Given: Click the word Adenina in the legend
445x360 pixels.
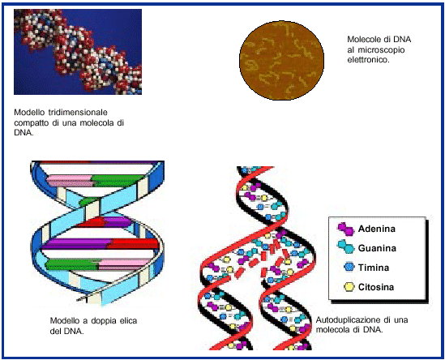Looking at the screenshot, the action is point(377,229).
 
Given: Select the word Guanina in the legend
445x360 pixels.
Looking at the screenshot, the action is point(377,248).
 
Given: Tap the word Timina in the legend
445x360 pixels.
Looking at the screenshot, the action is point(374,268).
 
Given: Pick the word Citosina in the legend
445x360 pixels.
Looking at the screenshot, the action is point(376,287).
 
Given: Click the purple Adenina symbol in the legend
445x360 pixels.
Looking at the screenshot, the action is point(346,229).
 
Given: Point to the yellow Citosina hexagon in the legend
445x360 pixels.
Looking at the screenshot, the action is point(349,287).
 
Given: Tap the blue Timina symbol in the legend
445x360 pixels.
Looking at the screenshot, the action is point(349,267).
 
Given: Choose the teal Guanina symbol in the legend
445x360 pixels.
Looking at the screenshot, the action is point(346,247).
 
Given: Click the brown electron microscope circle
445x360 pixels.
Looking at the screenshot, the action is point(281,60).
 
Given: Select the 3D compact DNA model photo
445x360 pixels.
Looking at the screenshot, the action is point(78,52).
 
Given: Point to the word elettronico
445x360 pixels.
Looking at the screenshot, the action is point(368,60).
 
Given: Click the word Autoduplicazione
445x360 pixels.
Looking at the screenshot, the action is point(349,320).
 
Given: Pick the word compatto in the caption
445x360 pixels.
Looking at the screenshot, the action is point(32,123).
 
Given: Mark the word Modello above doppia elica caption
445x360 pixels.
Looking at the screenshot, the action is point(64,321).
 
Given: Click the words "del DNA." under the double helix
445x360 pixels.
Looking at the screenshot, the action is point(66,331).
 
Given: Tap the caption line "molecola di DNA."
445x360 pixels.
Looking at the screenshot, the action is point(349,330).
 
